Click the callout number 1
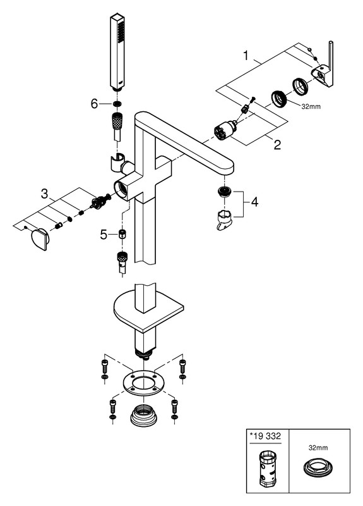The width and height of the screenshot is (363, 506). pyautogui.click(x=246, y=56)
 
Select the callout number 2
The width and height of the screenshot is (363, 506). pyautogui.click(x=277, y=145)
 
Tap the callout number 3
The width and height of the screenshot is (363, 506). pyautogui.click(x=44, y=194)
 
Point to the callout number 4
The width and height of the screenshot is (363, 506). pyautogui.click(x=254, y=202)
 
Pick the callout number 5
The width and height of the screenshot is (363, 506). pyautogui.click(x=103, y=235)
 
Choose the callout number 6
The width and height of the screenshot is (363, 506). pyautogui.click(x=94, y=104)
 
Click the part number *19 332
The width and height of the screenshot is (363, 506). pyautogui.click(x=265, y=436)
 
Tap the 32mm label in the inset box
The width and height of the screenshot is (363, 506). pyautogui.click(x=318, y=448)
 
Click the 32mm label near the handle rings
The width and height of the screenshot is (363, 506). pyautogui.click(x=311, y=106)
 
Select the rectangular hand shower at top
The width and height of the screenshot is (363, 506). pyautogui.click(x=117, y=52)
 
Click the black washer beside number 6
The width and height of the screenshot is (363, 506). pyautogui.click(x=117, y=104)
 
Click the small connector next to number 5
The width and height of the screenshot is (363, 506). pyautogui.click(x=122, y=235)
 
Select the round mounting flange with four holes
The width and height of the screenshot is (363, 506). pyautogui.click(x=144, y=383)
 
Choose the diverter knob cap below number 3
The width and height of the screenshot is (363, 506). pyautogui.click(x=40, y=240)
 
